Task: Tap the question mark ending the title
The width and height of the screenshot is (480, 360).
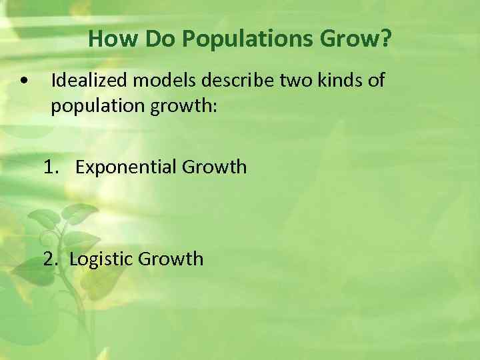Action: coord(386,39)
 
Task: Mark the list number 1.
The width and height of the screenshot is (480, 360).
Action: coord(51,167)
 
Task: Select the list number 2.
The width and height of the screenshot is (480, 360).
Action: coord(51,258)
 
